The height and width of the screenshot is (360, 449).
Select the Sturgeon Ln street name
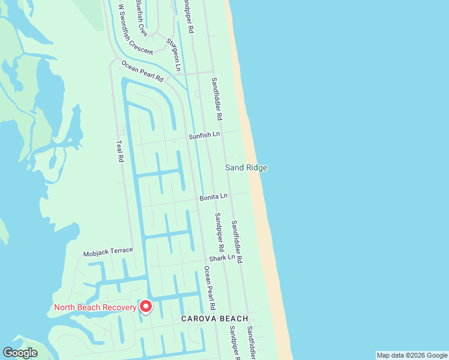[173, 55]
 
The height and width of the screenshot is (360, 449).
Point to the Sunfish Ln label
[205, 136]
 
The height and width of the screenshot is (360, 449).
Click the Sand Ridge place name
[246, 168]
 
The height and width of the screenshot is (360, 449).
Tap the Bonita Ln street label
[214, 196]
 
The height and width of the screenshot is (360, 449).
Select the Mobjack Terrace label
[108, 250]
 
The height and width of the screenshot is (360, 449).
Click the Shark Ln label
[222, 257]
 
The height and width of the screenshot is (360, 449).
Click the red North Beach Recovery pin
[145, 307]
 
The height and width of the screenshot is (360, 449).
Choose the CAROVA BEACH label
[214, 319]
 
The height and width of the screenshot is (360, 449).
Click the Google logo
[20, 353]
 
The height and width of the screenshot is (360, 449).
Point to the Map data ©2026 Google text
[412, 355]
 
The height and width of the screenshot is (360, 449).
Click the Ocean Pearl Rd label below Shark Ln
[209, 285]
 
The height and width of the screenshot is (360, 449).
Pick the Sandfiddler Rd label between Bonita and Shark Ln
[237, 241]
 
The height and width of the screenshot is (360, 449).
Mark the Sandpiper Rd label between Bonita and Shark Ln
[220, 232]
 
